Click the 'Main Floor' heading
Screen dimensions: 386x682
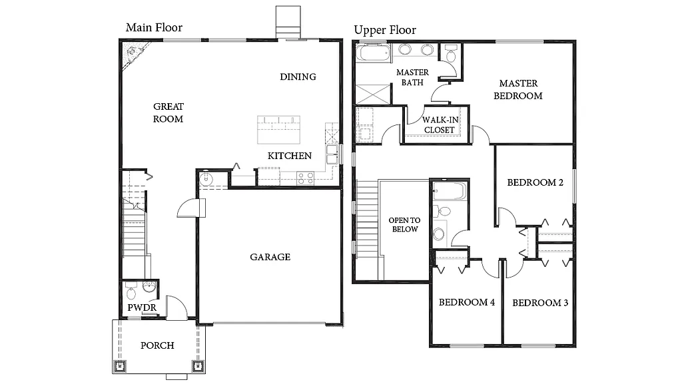(x=154, y=27)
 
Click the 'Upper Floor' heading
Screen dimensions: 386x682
(x=384, y=30)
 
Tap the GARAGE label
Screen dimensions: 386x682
(x=270, y=257)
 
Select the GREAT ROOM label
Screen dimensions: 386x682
(x=168, y=112)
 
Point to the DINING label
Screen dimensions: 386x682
(x=298, y=77)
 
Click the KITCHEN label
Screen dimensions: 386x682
(x=289, y=156)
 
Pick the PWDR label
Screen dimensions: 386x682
(x=142, y=307)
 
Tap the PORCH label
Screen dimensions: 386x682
(x=157, y=345)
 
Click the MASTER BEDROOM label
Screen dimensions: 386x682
(x=518, y=89)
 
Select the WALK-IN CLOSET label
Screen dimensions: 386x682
(x=439, y=124)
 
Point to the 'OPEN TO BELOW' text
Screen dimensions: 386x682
(x=404, y=225)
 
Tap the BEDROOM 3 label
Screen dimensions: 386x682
(x=539, y=303)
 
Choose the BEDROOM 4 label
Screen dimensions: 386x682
(x=466, y=303)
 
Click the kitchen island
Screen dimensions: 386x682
(x=279, y=128)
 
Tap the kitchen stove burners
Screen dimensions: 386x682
(x=305, y=178)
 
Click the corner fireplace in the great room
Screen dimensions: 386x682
(x=132, y=54)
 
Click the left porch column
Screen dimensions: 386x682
(x=122, y=365)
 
